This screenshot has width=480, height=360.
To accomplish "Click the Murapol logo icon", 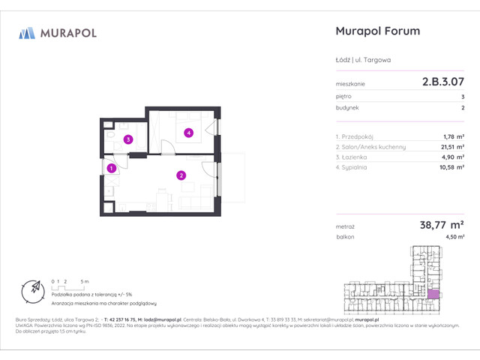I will [27, 32].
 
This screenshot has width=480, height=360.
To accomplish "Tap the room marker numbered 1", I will [111, 169].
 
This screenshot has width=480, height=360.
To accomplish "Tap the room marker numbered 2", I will [181, 176].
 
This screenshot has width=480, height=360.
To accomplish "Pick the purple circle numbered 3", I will [128, 139].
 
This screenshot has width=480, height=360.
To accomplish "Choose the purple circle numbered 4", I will [189, 133].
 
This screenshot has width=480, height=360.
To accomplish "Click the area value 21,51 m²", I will [450, 148].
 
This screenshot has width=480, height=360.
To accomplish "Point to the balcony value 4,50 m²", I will [454, 236].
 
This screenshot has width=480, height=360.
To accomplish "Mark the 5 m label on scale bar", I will [88, 280].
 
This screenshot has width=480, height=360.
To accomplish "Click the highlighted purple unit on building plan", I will [433, 295].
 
